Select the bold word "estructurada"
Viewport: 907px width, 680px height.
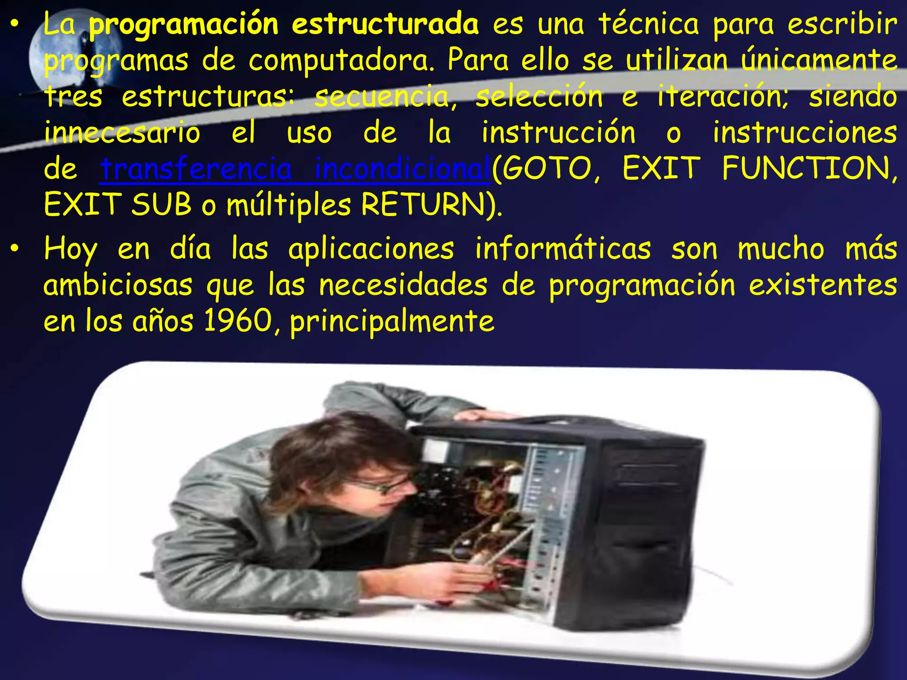click(385, 24)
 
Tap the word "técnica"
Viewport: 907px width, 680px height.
click(649, 24)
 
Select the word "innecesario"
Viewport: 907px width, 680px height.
click(122, 133)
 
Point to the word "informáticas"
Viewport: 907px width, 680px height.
click(563, 249)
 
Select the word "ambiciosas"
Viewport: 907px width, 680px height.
click(118, 285)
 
